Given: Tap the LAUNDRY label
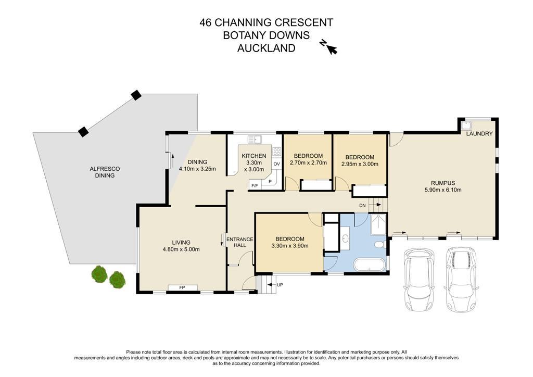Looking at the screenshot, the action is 479,134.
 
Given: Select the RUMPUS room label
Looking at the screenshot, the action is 443,183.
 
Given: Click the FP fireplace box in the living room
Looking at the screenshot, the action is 183,287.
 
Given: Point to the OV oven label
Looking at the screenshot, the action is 277,164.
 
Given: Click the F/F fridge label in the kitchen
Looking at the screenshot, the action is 254,185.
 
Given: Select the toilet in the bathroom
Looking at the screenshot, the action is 379,244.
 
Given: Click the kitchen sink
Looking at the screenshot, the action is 255,139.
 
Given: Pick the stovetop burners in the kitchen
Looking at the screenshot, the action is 277,152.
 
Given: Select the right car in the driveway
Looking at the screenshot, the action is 461,280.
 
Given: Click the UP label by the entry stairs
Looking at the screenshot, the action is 280,285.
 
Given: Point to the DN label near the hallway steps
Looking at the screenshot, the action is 362,205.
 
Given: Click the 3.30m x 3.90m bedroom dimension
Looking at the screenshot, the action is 290,246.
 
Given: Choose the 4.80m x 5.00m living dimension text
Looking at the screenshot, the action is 181,249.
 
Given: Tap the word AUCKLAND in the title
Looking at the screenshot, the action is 266,48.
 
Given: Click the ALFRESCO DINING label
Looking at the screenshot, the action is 105,172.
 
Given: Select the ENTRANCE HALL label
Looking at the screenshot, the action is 239,242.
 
